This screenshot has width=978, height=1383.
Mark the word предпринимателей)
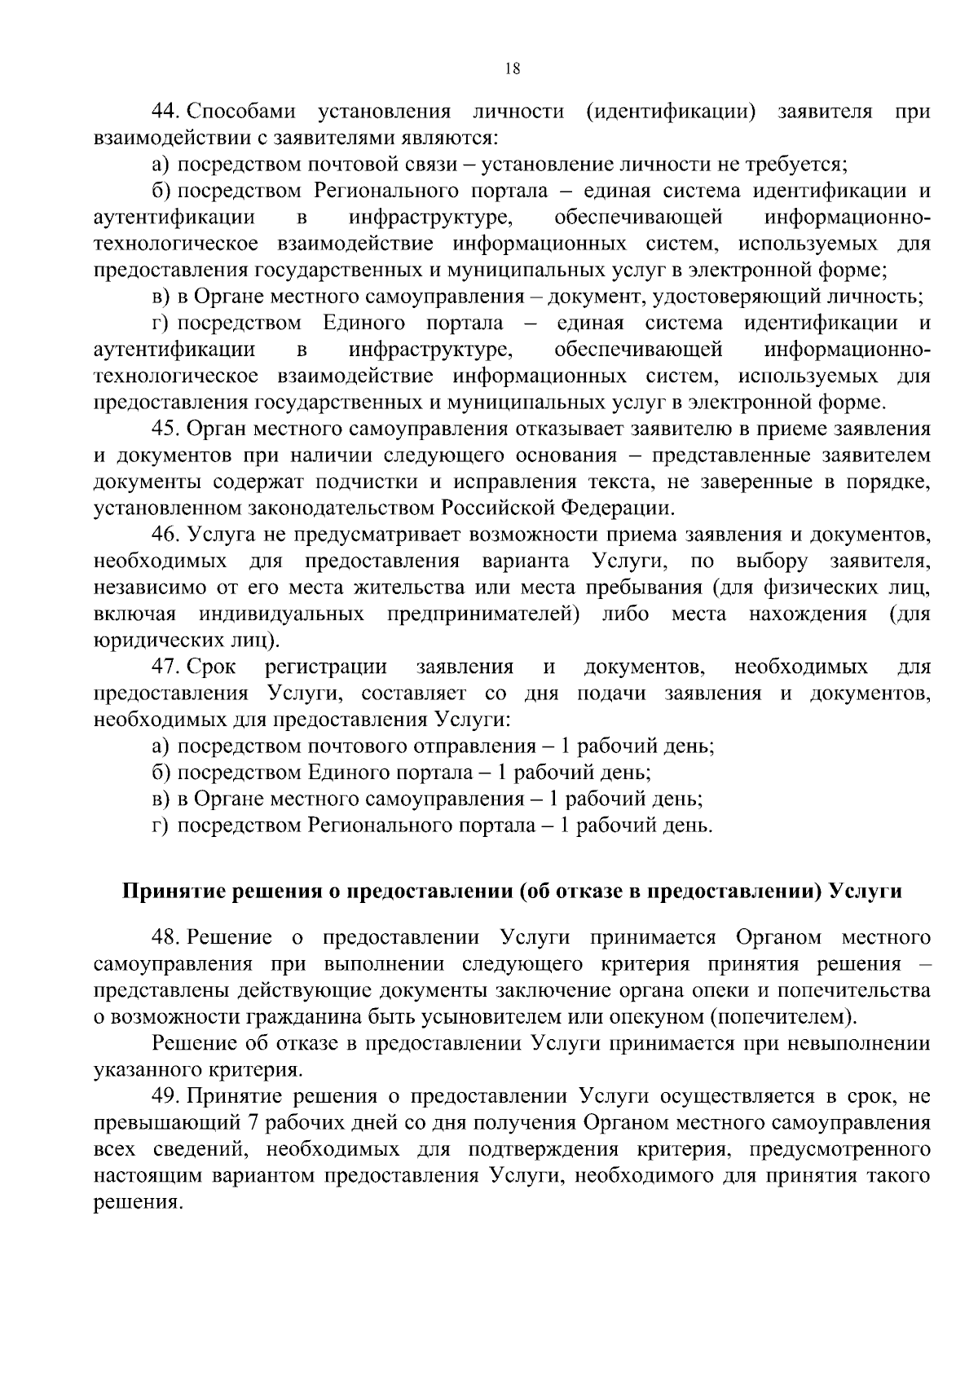[483, 614]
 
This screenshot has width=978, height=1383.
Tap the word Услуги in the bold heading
[865, 892]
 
